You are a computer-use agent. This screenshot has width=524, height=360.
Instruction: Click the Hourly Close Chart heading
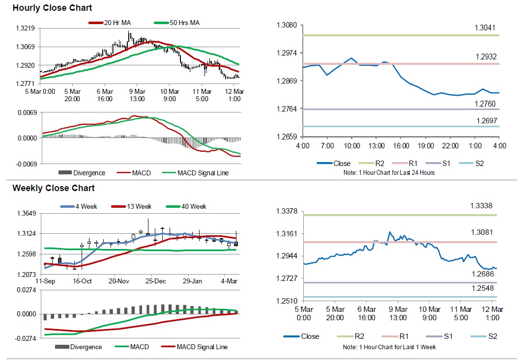click(52, 8)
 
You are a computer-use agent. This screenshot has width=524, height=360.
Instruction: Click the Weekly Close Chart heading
click(54, 188)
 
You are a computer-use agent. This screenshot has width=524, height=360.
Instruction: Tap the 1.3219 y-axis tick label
click(25, 29)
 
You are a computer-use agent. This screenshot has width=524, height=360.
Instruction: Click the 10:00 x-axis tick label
click(352, 146)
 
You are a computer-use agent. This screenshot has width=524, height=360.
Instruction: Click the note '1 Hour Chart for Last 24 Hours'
click(390, 173)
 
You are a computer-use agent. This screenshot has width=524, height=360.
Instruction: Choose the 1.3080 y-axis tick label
click(287, 25)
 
